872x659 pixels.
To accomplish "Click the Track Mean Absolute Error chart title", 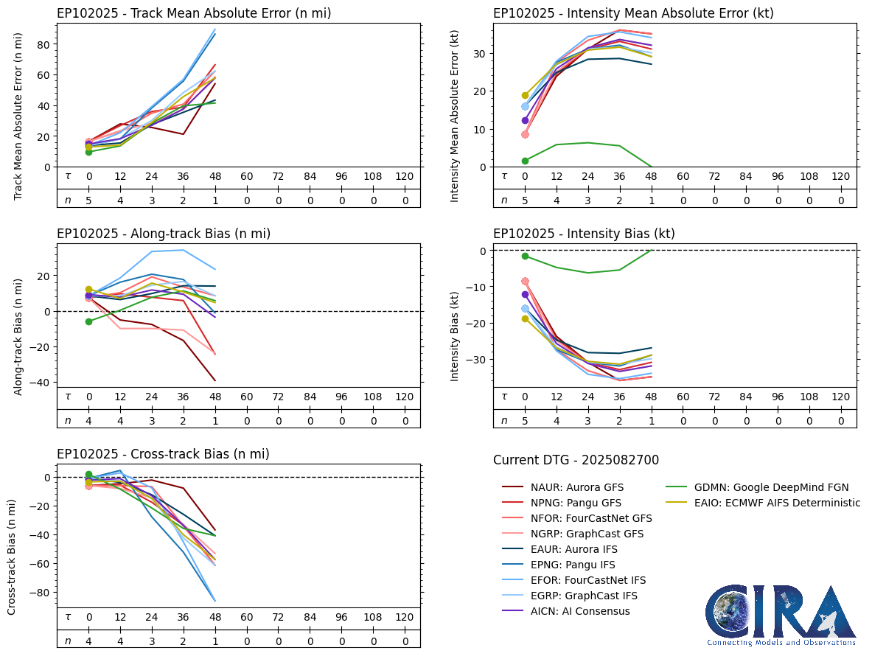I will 194,13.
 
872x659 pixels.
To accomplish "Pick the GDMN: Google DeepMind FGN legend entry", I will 771,487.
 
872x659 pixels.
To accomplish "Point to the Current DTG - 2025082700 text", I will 576,460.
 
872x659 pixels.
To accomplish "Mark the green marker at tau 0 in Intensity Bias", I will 525,256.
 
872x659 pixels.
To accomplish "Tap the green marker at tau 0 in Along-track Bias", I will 89,321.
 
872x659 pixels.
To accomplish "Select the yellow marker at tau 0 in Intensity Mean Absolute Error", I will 525,95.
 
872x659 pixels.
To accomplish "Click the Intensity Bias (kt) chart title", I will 584,234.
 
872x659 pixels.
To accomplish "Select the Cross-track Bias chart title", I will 163,453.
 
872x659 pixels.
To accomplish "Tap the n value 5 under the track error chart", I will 89,200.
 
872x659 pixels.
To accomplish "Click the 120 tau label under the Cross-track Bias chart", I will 405,616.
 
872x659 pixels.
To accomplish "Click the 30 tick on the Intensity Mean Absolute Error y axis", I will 479,53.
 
